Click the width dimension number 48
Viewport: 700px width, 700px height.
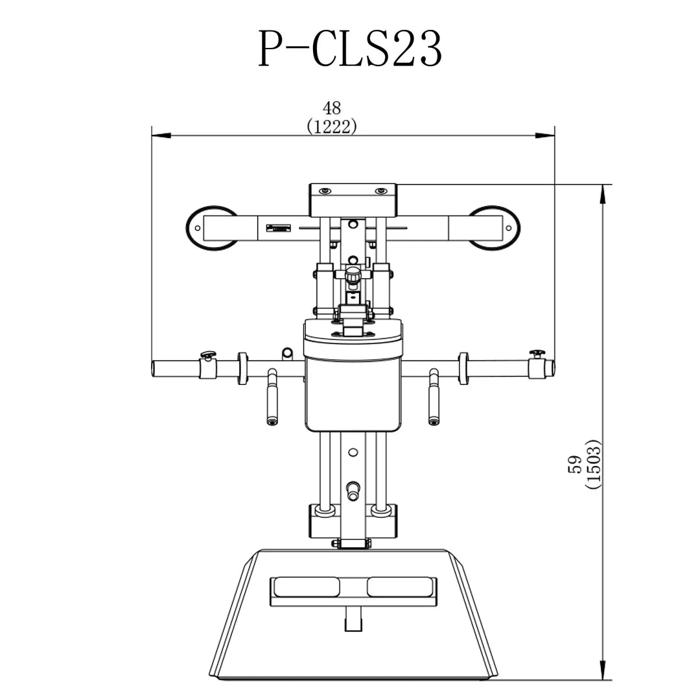[x=332, y=108]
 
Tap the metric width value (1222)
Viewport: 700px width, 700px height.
[x=332, y=127]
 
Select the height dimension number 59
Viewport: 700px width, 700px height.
[x=575, y=464]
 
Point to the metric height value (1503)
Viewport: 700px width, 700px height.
[x=594, y=464]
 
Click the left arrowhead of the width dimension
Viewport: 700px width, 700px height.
[x=161, y=135]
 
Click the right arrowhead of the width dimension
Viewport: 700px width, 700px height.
[x=544, y=135]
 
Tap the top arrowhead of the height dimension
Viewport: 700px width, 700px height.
[x=603, y=194]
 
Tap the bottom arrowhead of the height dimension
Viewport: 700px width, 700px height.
[x=603, y=670]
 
